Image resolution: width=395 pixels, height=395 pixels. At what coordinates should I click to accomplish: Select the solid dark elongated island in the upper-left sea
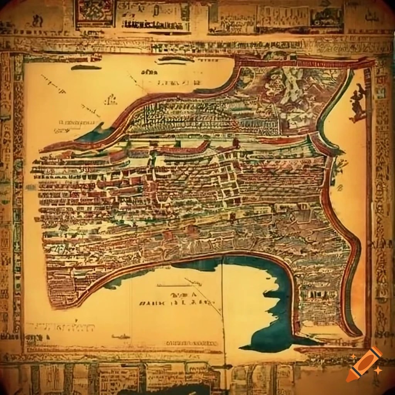coord(86,68)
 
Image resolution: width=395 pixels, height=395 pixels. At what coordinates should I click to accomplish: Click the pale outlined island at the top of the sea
coord(176,59)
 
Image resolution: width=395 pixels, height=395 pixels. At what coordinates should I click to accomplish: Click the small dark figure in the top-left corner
coord(37,20)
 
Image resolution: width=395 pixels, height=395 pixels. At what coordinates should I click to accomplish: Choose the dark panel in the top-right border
coord(327,17)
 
